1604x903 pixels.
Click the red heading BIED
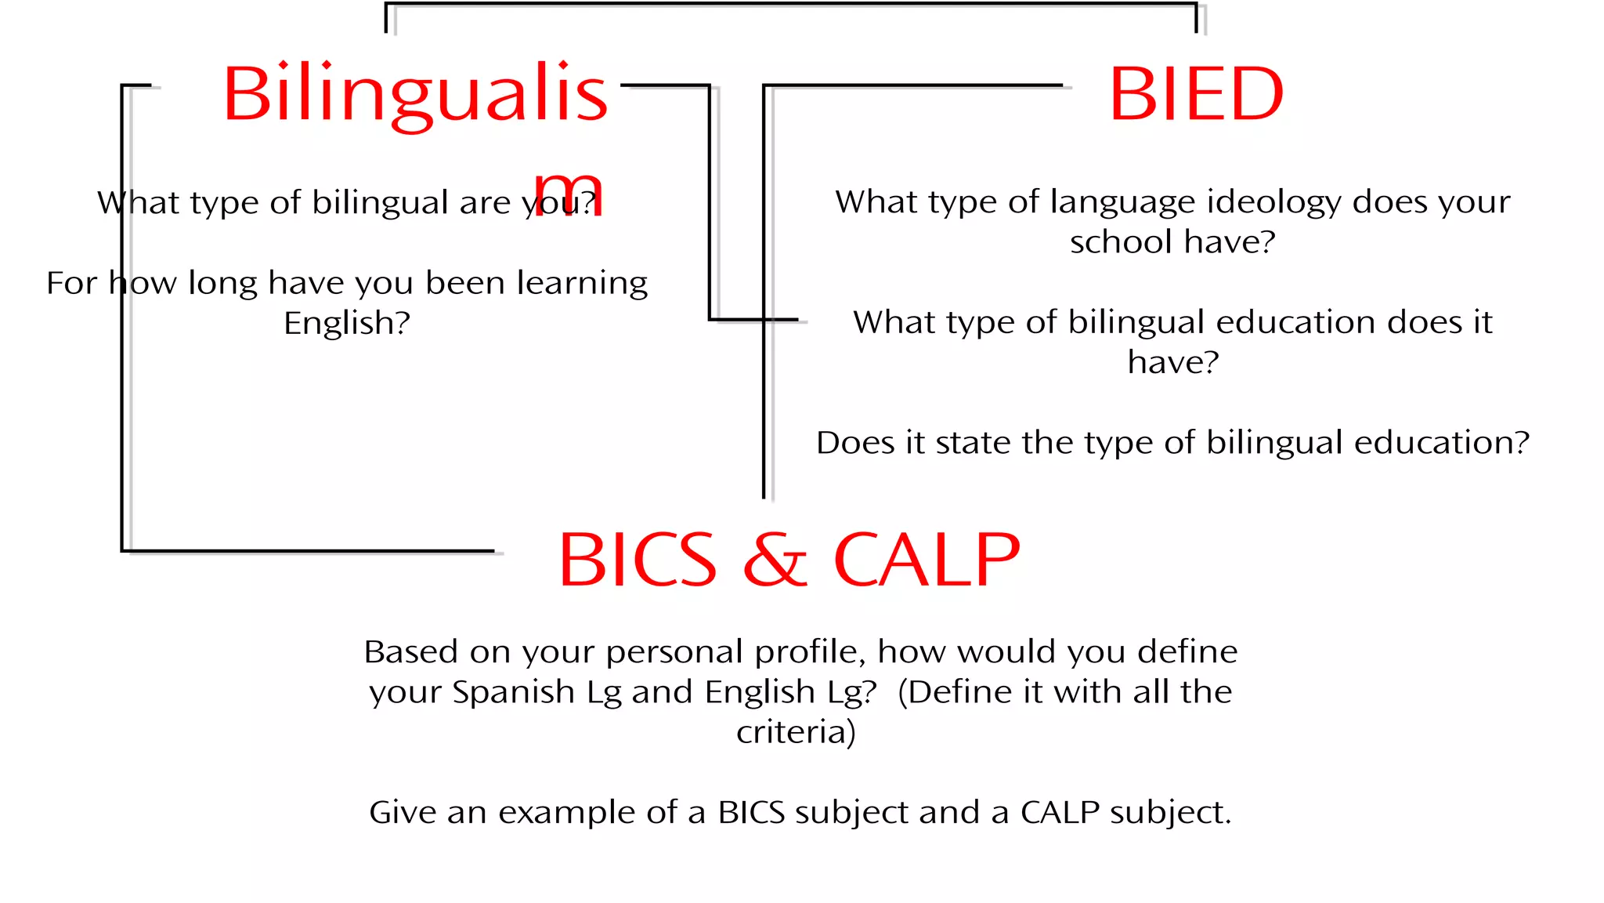coord(1196,94)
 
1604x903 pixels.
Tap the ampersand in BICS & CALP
coord(775,560)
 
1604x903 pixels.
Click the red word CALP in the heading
coord(927,560)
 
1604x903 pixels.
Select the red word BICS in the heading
coord(638,560)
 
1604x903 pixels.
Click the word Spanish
coord(513,693)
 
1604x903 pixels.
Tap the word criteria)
coord(796,732)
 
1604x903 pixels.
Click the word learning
coord(582,284)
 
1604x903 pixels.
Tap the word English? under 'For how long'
coord(347,323)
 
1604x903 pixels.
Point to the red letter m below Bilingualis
coord(568,194)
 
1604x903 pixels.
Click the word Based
coord(411,652)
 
